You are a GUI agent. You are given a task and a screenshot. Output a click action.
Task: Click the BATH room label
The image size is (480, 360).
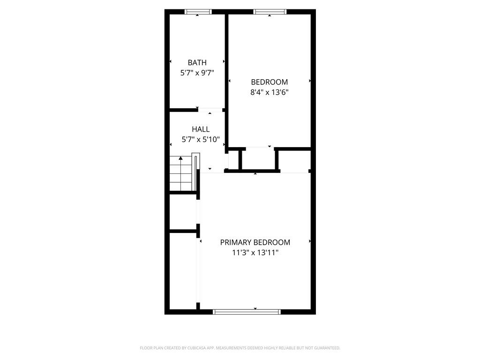(x=197, y=62)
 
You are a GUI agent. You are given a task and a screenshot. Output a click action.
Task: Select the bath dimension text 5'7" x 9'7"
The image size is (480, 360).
(x=197, y=73)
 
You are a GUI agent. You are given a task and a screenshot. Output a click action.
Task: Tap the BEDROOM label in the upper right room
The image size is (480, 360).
(x=269, y=82)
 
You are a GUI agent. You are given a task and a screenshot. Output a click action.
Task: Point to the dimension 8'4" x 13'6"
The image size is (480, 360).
(x=269, y=92)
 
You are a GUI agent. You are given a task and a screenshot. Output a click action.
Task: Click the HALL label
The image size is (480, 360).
(x=201, y=129)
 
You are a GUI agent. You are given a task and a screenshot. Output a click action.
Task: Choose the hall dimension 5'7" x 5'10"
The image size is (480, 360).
(x=201, y=139)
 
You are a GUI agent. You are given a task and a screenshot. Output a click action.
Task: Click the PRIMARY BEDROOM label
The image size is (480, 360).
(x=255, y=242)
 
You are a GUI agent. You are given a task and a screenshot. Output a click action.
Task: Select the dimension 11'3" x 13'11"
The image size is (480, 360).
(x=255, y=253)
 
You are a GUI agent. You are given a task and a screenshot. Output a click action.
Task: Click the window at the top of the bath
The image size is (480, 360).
(x=198, y=12)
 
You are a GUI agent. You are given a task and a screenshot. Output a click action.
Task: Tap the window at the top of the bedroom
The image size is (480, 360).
(x=270, y=12)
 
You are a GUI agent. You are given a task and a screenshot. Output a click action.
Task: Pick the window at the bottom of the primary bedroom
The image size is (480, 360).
(x=247, y=311)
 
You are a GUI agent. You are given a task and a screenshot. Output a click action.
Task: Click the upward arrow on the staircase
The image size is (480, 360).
(x=180, y=158)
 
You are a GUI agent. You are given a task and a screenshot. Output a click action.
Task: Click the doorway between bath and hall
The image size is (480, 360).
(x=210, y=111)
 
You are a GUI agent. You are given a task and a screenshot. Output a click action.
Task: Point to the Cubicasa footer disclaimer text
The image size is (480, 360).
(x=240, y=348)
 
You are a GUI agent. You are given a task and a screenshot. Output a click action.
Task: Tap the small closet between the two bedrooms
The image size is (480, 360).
(x=257, y=159)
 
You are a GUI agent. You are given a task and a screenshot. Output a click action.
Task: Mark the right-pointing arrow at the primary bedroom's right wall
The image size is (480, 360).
(x=310, y=241)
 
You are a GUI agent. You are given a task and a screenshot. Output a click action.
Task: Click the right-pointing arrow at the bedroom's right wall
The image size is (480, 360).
(x=310, y=81)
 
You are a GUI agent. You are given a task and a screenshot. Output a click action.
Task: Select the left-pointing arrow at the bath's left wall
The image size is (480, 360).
(x=170, y=61)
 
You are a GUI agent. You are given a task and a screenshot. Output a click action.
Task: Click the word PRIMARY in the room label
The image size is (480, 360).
(x=236, y=242)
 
